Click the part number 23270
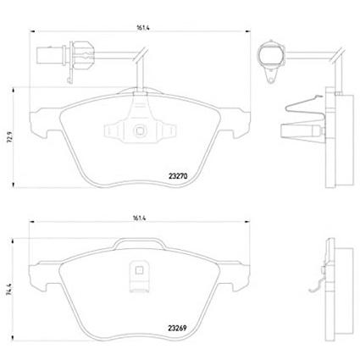tap(178, 176)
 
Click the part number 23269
tap(177, 329)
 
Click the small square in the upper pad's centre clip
tap(140, 130)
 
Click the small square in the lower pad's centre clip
tap(138, 270)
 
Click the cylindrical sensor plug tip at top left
tap(50, 55)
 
